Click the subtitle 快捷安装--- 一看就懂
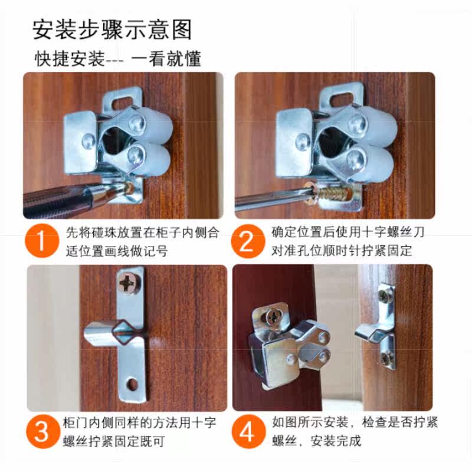click(x=118, y=59)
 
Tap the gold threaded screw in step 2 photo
click(x=335, y=193)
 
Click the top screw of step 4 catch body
click(x=273, y=315)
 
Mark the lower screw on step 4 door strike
click(x=385, y=356)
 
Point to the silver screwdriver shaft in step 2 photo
click(x=265, y=199)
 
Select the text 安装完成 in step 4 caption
click(x=338, y=441)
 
